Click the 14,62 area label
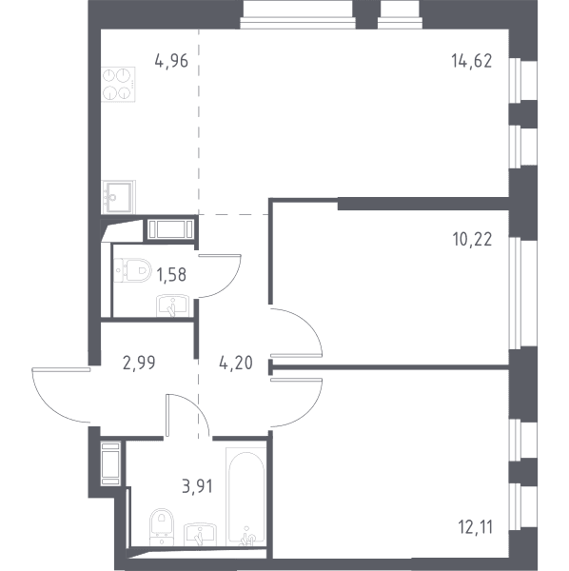471,61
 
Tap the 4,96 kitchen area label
171,61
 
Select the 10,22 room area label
472,239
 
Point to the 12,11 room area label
476,527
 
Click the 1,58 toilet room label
171,274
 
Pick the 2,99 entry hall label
139,363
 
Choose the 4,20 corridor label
236,363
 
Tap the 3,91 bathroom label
197,486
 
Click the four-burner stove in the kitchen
118,85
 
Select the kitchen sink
118,197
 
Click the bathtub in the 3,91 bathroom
246,497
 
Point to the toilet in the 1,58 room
132,270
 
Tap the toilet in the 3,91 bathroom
162,527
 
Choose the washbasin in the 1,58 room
172,305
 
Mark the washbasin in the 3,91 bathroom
200,535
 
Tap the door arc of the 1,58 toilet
231,284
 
